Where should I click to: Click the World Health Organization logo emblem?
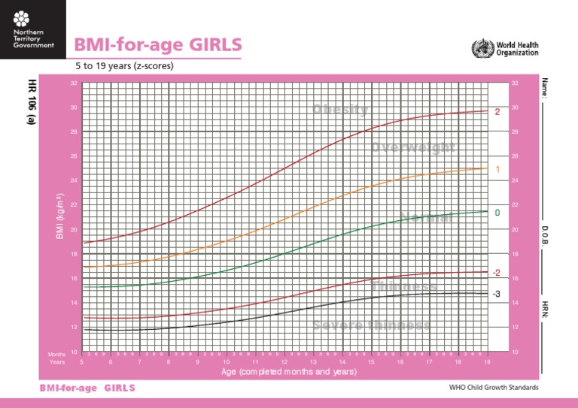pos(479,49)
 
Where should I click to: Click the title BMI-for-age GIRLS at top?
pos(158,45)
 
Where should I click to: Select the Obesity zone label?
pos(341,110)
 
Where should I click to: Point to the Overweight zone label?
pos(413,147)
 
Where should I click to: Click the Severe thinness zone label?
pos(372,325)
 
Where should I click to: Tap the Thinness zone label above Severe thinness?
pos(403,287)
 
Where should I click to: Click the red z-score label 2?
pos(497,112)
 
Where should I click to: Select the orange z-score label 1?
pos(497,170)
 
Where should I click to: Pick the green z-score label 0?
pos(497,213)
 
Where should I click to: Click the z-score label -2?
pos(496,272)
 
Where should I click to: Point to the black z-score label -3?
pos(496,294)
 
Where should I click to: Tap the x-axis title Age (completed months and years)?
pos(288,372)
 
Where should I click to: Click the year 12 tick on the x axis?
pos(284,361)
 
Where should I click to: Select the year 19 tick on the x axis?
pos(487,361)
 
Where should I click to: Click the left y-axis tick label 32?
pos(74,83)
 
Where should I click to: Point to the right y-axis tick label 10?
pos(514,352)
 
